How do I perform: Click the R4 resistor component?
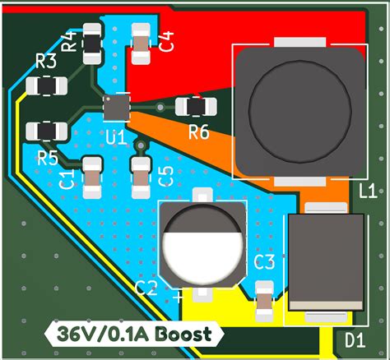pyautogui.click(x=92, y=44)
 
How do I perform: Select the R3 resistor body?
pyautogui.click(x=47, y=85)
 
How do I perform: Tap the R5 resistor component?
pyautogui.click(x=47, y=131)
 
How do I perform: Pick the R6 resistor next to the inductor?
pyautogui.click(x=196, y=106)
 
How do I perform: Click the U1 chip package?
pyautogui.click(x=117, y=108)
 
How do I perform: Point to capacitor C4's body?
pyautogui.click(x=141, y=44)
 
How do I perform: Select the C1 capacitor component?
pyautogui.click(x=92, y=178)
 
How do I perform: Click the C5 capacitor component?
pyautogui.click(x=141, y=178)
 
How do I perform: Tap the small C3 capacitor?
pyautogui.click(x=264, y=302)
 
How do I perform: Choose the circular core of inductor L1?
pyautogui.click(x=300, y=109)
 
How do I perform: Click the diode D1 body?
pyautogui.click(x=326, y=262)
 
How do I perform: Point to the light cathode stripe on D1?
pyautogui.click(x=327, y=305)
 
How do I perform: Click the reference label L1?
pyautogui.click(x=368, y=191)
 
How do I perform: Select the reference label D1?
pyautogui.click(x=355, y=340)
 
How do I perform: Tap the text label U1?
pyautogui.click(x=116, y=137)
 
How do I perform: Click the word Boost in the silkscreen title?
pyautogui.click(x=184, y=334)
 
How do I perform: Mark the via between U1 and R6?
pyautogui.click(x=160, y=107)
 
